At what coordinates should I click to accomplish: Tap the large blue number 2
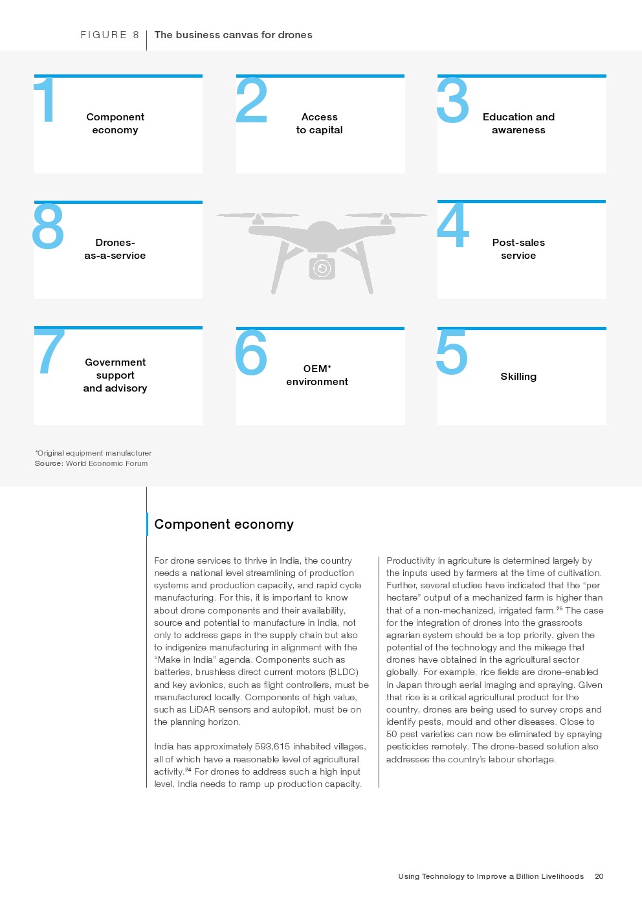tap(252, 100)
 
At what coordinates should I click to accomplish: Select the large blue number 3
tap(453, 100)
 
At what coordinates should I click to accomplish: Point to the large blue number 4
tap(452, 225)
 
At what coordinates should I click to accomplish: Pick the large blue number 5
tap(452, 352)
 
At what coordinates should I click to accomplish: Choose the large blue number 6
tap(251, 352)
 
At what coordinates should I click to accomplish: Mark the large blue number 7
tap(50, 351)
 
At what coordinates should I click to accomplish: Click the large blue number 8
tap(49, 226)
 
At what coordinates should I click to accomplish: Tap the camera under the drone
tap(322, 267)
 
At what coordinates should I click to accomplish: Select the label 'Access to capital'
tap(320, 124)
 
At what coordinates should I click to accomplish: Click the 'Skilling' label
tap(518, 377)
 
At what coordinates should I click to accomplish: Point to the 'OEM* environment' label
tap(317, 375)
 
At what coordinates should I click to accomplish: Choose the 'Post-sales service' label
tap(518, 249)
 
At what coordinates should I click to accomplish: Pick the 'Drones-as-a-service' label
tap(115, 249)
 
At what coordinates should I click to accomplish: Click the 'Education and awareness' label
tap(518, 124)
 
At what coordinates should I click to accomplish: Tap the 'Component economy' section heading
tap(224, 524)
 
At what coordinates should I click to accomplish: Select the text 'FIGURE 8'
tap(109, 35)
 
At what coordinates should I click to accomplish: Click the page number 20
tap(599, 876)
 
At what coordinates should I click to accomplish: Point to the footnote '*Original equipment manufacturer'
tap(93, 453)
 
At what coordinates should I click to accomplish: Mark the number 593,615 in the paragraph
tap(272, 747)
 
